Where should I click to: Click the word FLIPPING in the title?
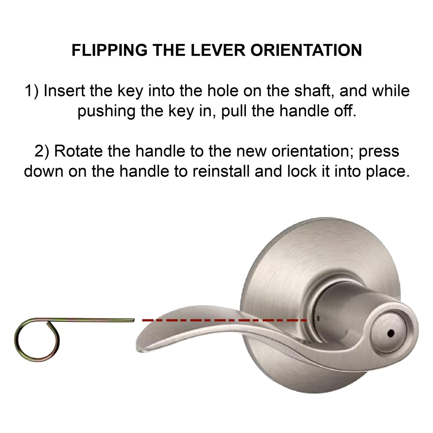point(109,50)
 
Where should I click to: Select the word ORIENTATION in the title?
point(306,50)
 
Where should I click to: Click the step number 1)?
point(32,91)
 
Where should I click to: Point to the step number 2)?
point(42,151)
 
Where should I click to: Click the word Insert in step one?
point(64,91)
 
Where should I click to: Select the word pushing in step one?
point(106,111)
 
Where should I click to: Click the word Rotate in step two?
point(79,151)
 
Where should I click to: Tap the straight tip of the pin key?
point(133,320)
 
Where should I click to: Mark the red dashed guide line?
point(224,320)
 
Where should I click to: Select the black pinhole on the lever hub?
point(390,333)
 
